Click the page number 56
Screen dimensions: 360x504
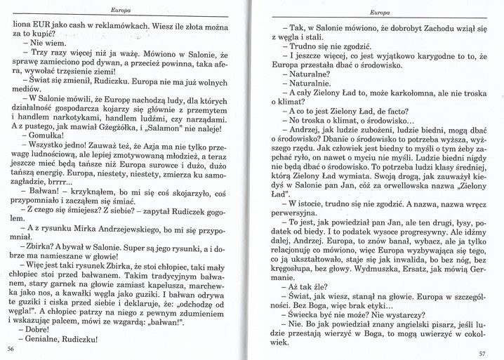point(10,348)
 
